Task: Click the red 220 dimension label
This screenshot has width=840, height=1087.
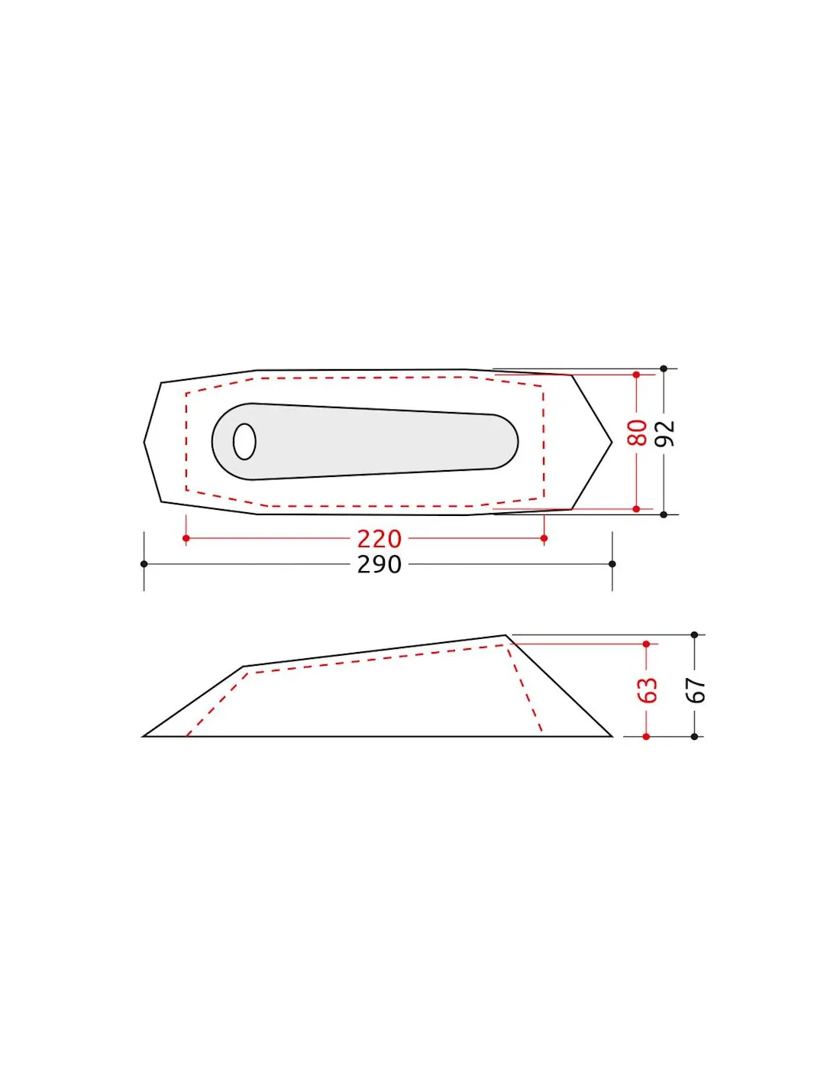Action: (x=379, y=539)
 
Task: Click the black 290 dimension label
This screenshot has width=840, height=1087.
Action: (x=379, y=565)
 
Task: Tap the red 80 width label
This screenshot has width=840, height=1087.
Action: (x=637, y=433)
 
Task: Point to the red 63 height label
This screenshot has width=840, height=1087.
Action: (x=648, y=690)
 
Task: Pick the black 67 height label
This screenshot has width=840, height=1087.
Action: (x=696, y=690)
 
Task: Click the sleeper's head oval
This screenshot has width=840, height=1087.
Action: (x=244, y=441)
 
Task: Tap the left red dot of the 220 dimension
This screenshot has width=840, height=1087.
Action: (x=186, y=538)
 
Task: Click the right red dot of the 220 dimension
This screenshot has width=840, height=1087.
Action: (x=544, y=538)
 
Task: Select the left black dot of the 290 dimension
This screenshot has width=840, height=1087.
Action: (x=144, y=564)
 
